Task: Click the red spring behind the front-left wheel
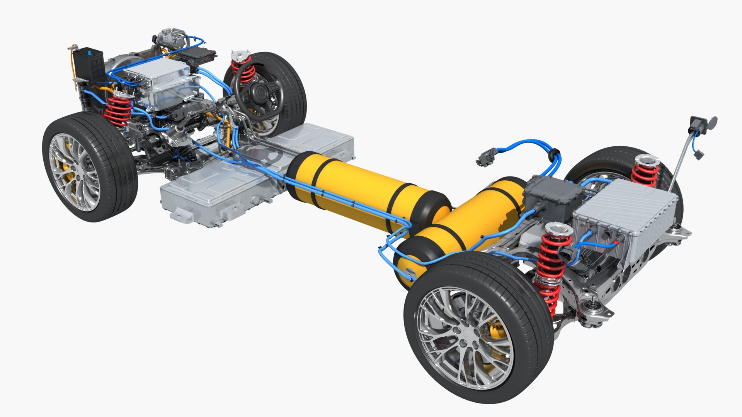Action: pyautogui.click(x=119, y=110)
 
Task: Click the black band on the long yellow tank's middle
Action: pyautogui.click(x=322, y=178)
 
